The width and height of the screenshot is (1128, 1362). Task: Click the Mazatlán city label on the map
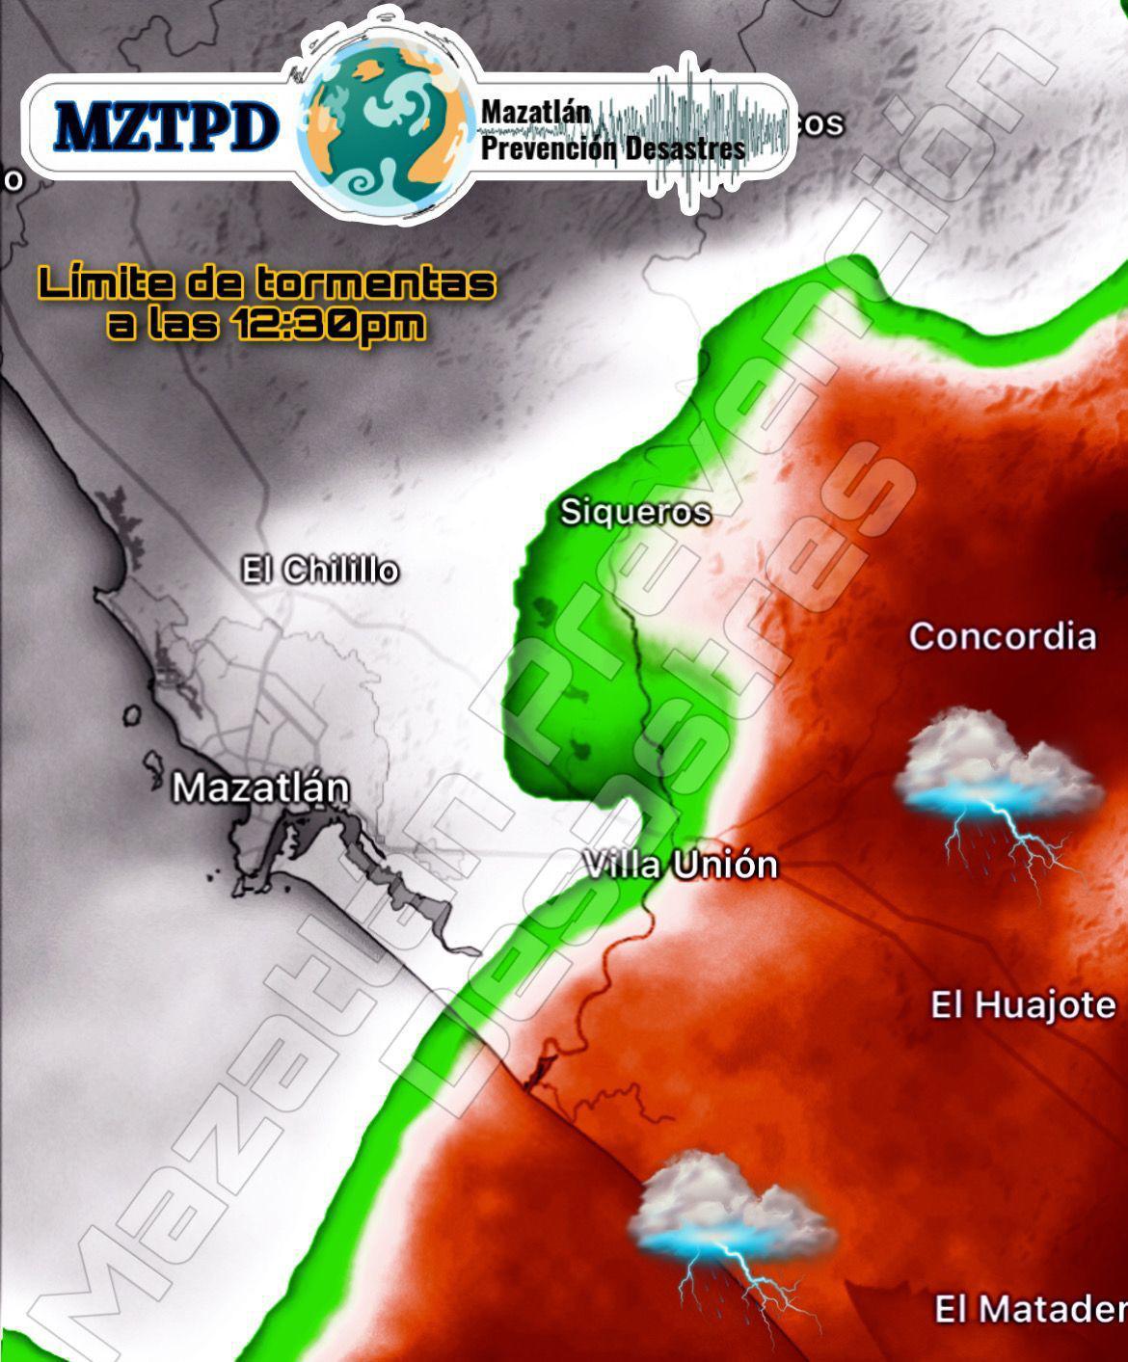click(260, 788)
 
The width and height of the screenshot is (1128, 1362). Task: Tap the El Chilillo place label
click(319, 571)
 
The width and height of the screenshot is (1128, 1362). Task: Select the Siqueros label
click(635, 512)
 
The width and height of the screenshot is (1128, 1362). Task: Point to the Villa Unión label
click(681, 865)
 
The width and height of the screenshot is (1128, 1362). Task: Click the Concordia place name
click(1003, 636)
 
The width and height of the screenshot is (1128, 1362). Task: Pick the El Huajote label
click(1023, 1005)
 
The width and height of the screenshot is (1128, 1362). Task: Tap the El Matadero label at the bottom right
click(1031, 1309)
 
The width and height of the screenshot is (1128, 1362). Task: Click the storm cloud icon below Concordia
click(998, 766)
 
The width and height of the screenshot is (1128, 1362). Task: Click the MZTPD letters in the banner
click(166, 126)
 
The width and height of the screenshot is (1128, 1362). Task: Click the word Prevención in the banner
click(548, 148)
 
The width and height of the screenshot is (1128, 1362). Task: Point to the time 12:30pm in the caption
click(328, 325)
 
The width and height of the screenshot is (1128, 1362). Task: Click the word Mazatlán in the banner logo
click(535, 113)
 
